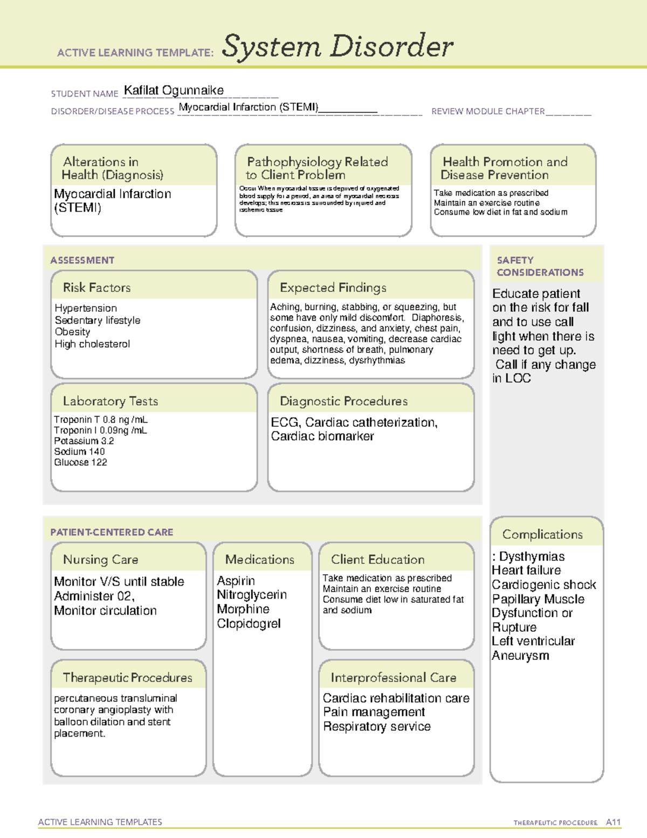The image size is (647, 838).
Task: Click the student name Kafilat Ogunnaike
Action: click(174, 90)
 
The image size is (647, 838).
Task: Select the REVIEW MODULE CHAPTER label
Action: click(487, 111)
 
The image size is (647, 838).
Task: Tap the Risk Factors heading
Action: click(97, 288)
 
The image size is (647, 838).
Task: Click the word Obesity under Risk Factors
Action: click(72, 332)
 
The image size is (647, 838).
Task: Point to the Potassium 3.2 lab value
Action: click(84, 441)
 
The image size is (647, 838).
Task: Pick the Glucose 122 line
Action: click(80, 462)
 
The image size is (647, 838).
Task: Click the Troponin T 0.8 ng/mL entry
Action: click(100, 419)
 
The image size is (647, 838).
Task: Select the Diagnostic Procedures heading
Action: click(343, 401)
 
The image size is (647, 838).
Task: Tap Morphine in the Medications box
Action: click(243, 609)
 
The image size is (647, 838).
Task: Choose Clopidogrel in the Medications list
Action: click(249, 623)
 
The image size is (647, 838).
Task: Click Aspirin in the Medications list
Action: click(236, 581)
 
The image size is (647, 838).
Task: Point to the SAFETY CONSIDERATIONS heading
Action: click(540, 266)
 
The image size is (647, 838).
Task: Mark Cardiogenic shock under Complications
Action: click(543, 584)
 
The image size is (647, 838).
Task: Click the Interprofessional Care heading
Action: click(393, 677)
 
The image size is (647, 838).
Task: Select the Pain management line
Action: click(374, 712)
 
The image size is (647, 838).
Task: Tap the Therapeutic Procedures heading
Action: click(127, 677)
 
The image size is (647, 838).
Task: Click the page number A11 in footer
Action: click(613, 822)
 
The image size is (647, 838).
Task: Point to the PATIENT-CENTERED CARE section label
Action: click(112, 532)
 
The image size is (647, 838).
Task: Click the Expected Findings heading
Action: click(333, 288)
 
